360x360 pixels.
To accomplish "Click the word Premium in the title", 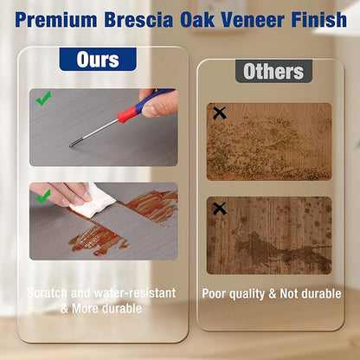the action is pos(56,20).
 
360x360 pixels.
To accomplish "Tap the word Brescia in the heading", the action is pos(138,20).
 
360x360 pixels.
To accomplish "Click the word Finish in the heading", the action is pos(318,20).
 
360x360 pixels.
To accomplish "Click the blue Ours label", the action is pos(98,60).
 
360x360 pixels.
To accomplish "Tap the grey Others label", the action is pos(273,71).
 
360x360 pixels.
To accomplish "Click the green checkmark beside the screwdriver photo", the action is pos(43,98).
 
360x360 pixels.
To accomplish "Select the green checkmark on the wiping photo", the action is pos(43,196).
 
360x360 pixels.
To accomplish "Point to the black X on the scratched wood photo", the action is pos(219,113).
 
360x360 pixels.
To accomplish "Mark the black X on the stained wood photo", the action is pos(219,209).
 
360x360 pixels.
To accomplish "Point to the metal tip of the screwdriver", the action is pos(72,145).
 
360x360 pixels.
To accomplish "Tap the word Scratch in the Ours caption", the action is pos(47,293).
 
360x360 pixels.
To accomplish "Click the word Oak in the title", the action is pos(197,20).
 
